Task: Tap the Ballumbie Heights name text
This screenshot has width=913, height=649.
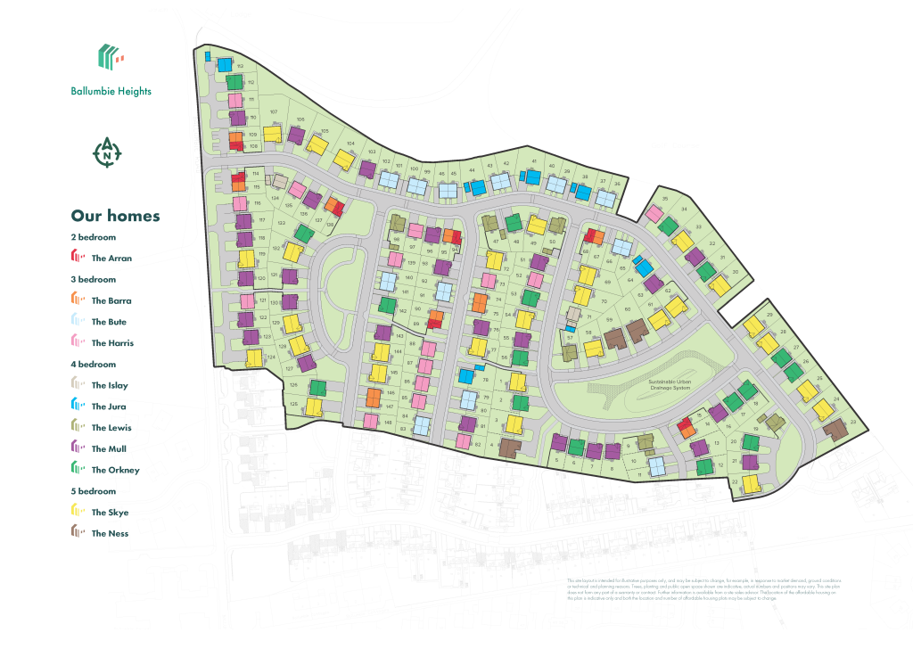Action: click(111, 91)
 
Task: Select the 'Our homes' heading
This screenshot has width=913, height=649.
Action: click(115, 216)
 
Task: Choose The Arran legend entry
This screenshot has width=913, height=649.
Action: click(102, 259)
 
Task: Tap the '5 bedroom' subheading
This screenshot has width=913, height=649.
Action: click(93, 491)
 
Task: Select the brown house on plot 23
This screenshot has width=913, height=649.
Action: click(835, 430)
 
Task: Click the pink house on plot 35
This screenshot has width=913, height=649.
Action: click(654, 213)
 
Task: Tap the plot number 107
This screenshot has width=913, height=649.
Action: click(274, 112)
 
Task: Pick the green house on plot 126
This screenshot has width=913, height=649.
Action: click(317, 388)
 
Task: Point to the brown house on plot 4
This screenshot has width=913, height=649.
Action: click(509, 448)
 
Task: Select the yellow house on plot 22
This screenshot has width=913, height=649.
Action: click(752, 483)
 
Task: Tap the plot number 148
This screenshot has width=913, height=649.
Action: click(388, 423)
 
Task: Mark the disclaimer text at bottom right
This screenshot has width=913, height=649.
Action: click(703, 589)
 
